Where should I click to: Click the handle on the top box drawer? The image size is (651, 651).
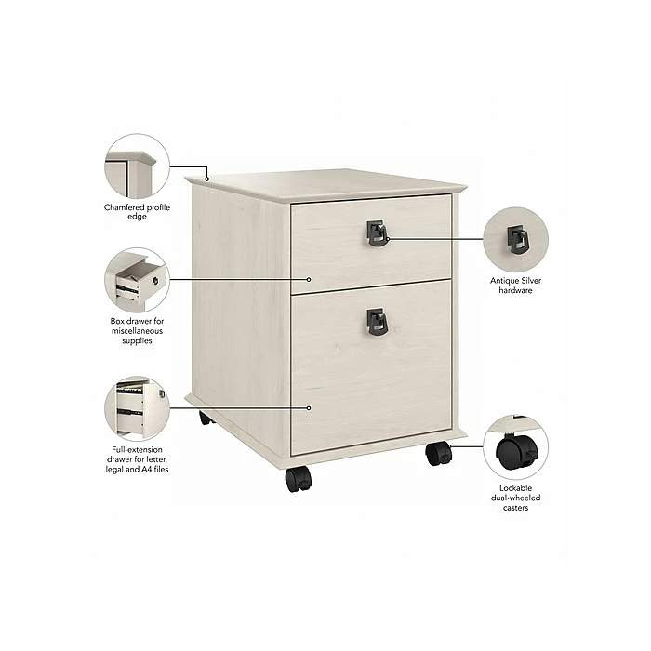(376, 232)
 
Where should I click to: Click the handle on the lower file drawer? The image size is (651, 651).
(376, 321)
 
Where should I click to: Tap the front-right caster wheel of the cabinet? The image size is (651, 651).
(438, 453)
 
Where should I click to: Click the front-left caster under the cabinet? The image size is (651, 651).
(299, 479)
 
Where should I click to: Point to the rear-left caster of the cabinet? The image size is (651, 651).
(206, 418)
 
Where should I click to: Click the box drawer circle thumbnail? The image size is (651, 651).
(137, 279)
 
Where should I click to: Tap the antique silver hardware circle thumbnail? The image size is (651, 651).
(515, 239)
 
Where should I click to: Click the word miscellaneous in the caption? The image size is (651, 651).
(137, 331)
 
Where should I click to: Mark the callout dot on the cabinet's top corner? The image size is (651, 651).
(208, 178)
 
